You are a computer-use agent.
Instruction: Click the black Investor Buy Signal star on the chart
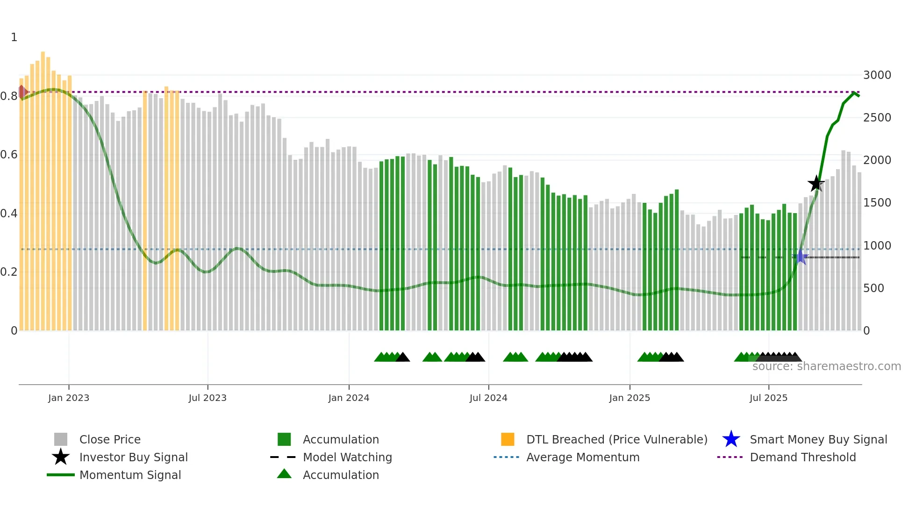point(816,184)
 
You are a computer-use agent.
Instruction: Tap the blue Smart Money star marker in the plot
point(801,257)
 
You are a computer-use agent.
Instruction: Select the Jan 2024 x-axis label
point(349,398)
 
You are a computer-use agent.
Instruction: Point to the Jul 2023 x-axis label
point(208,398)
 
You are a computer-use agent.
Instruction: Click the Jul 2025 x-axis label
point(768,398)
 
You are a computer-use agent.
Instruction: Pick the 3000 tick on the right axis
point(877,75)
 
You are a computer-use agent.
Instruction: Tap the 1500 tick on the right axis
point(877,203)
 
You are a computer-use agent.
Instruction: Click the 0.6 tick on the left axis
point(9,155)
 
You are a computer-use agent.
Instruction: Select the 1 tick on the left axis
point(14,37)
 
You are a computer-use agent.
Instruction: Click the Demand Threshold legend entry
point(802,457)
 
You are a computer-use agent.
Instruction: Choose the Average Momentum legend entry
point(582,457)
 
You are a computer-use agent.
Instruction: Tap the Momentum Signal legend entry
point(130,475)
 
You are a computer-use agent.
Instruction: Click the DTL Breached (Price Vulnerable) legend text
point(616,439)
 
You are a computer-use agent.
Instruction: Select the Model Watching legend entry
point(347,457)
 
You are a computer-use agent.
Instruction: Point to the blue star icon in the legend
point(731,439)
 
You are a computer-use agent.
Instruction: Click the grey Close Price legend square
point(61,439)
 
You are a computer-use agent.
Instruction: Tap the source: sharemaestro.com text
point(826,366)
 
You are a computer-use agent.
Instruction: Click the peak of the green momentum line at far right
point(854,93)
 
